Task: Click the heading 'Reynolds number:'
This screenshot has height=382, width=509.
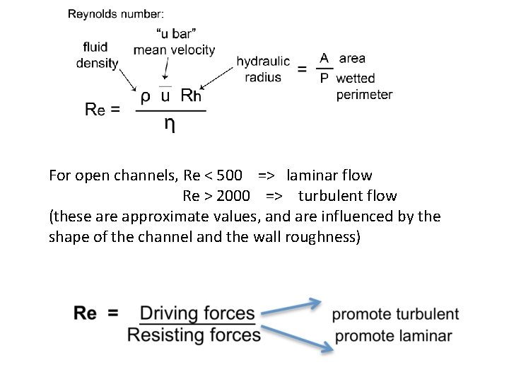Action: click(x=116, y=13)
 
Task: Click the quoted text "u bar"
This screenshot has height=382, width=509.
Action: click(x=174, y=33)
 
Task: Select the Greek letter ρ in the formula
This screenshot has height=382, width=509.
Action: click(x=145, y=95)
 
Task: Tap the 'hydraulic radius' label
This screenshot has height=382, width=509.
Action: click(x=262, y=69)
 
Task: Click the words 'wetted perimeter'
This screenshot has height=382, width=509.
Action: click(x=363, y=86)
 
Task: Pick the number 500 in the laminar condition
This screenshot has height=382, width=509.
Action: click(x=227, y=175)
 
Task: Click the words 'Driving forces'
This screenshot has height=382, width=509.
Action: click(x=197, y=313)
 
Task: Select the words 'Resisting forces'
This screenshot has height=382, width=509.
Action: click(x=194, y=334)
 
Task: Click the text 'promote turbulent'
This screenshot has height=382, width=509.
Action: click(x=394, y=314)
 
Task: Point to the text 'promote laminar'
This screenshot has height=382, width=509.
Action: click(x=393, y=335)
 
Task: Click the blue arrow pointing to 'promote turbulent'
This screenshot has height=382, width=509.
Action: click(x=290, y=307)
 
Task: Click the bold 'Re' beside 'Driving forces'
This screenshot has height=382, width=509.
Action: click(x=86, y=313)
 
